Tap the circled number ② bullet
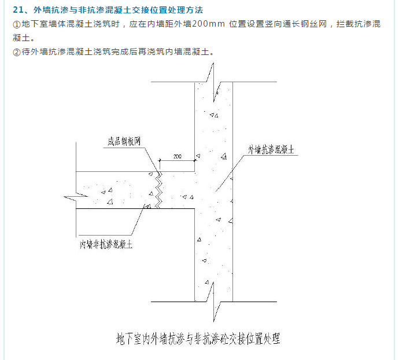(16, 52)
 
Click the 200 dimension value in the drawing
(177, 157)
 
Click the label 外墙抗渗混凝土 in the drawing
(272, 149)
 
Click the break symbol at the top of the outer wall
(214, 78)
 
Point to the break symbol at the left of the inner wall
(72, 197)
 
